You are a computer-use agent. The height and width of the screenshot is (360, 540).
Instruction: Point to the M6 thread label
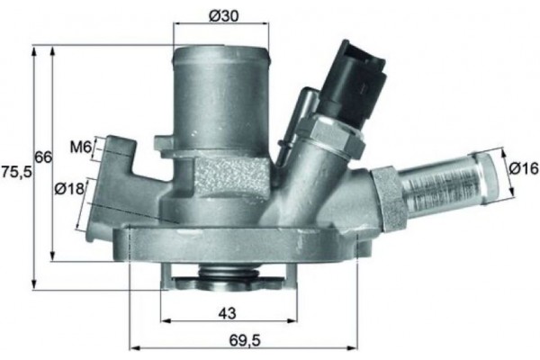(80, 147)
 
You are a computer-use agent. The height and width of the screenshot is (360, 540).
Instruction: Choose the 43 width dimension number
(228, 313)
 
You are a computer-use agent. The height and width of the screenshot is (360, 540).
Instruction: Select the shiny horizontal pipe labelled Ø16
(445, 179)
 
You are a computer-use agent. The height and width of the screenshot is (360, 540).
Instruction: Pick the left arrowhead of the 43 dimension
(165, 320)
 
